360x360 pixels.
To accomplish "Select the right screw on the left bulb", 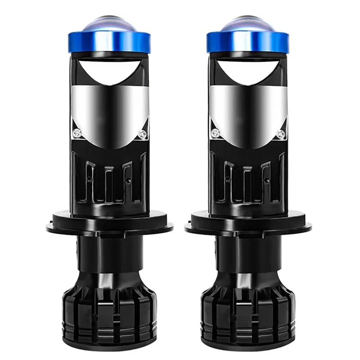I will click(x=143, y=133).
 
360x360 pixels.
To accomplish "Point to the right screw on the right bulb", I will click(x=281, y=133).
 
